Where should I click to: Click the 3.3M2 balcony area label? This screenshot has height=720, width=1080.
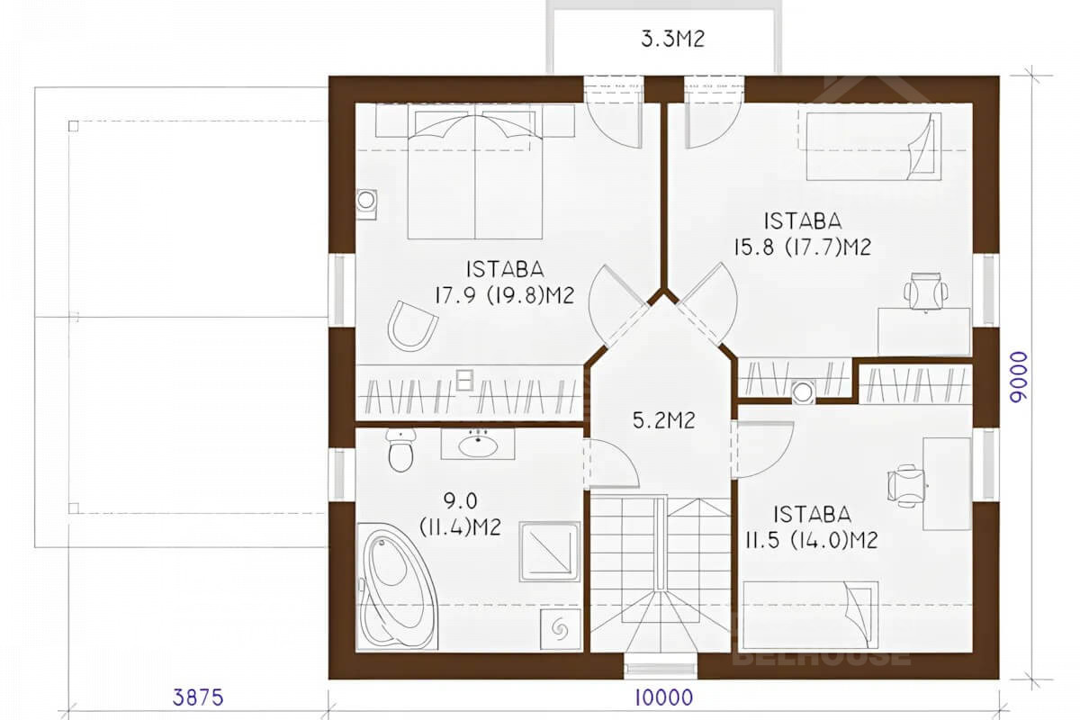tap(672, 39)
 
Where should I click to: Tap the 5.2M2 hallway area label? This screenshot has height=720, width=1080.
tap(664, 420)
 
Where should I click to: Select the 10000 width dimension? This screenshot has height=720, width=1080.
tap(663, 697)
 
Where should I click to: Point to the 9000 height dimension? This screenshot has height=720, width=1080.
tap(1019, 376)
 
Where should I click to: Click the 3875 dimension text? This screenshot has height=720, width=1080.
tap(198, 697)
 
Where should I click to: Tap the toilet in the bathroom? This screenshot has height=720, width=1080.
tap(400, 450)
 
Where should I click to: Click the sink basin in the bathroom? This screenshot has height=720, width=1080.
tap(478, 445)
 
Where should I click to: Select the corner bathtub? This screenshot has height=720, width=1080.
tap(397, 587)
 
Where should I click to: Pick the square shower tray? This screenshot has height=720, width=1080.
tap(550, 552)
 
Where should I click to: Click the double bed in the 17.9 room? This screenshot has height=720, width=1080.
tap(475, 172)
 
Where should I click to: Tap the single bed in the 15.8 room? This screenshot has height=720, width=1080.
tap(874, 146)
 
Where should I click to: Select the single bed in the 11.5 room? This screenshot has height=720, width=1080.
tap(811, 615)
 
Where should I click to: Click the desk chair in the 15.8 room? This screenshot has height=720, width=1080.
tap(926, 291)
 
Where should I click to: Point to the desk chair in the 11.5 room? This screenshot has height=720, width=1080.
tap(906, 486)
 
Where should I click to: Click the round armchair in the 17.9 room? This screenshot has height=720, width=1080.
tap(412, 327)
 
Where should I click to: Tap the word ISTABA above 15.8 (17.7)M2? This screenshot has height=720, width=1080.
tap(803, 221)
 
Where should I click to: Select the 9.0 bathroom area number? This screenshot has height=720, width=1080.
tap(461, 500)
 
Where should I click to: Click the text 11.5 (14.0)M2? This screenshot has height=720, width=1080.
tap(812, 540)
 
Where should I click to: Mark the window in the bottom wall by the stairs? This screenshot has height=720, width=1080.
tap(661, 669)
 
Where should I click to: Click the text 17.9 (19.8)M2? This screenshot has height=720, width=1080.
tap(505, 295)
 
